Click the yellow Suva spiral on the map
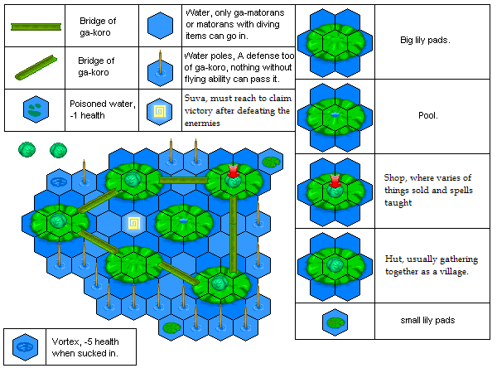133,223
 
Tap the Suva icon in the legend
159,111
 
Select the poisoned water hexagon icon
36,109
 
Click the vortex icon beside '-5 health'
25,347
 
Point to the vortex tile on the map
59,182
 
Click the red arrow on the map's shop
233,172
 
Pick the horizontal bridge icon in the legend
36,27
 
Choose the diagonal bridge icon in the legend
36,68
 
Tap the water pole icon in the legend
160,69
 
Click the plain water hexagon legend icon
160,26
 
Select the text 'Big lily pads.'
425,41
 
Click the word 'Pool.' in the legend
428,115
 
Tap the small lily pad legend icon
335,322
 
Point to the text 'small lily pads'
427,320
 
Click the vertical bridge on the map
234,234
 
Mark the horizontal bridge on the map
184,181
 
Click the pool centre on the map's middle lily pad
183,220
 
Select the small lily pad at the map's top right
272,162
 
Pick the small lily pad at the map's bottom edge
171,327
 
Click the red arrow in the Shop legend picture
335,182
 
